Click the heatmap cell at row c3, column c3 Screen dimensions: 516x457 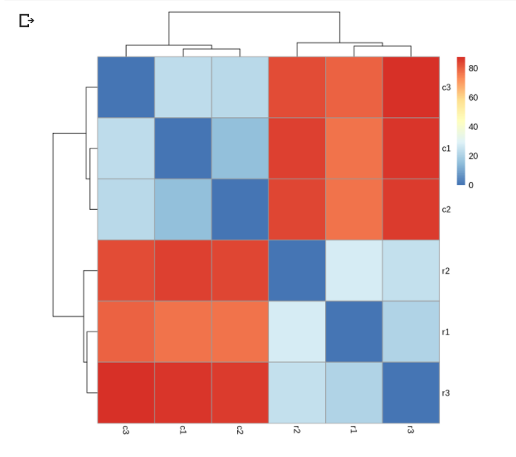click(x=126, y=87)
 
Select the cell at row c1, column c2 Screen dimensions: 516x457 click(x=240, y=149)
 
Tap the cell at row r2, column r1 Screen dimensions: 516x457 click(x=353, y=270)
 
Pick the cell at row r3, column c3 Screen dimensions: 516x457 click(x=126, y=393)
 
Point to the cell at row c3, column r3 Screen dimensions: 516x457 click(x=411, y=87)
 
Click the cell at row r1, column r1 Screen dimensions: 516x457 click(x=353, y=332)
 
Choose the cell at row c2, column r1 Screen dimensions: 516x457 click(x=353, y=209)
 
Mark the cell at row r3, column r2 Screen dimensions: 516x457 click(x=297, y=393)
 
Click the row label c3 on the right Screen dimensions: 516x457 click(x=446, y=87)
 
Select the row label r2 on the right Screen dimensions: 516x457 click(x=446, y=271)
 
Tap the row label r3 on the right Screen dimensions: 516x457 click(x=446, y=393)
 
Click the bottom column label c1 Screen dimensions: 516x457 click(x=183, y=430)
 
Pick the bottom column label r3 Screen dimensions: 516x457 click(x=410, y=429)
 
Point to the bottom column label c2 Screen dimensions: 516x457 click(x=240, y=430)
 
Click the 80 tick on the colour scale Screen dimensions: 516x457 click(x=473, y=68)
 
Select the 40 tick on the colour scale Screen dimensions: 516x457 click(x=473, y=127)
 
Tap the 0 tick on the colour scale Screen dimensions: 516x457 click(x=471, y=185)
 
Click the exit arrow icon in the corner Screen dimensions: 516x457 click(x=27, y=21)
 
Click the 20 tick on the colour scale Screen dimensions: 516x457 click(x=473, y=156)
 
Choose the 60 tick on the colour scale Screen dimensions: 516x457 click(x=473, y=98)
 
